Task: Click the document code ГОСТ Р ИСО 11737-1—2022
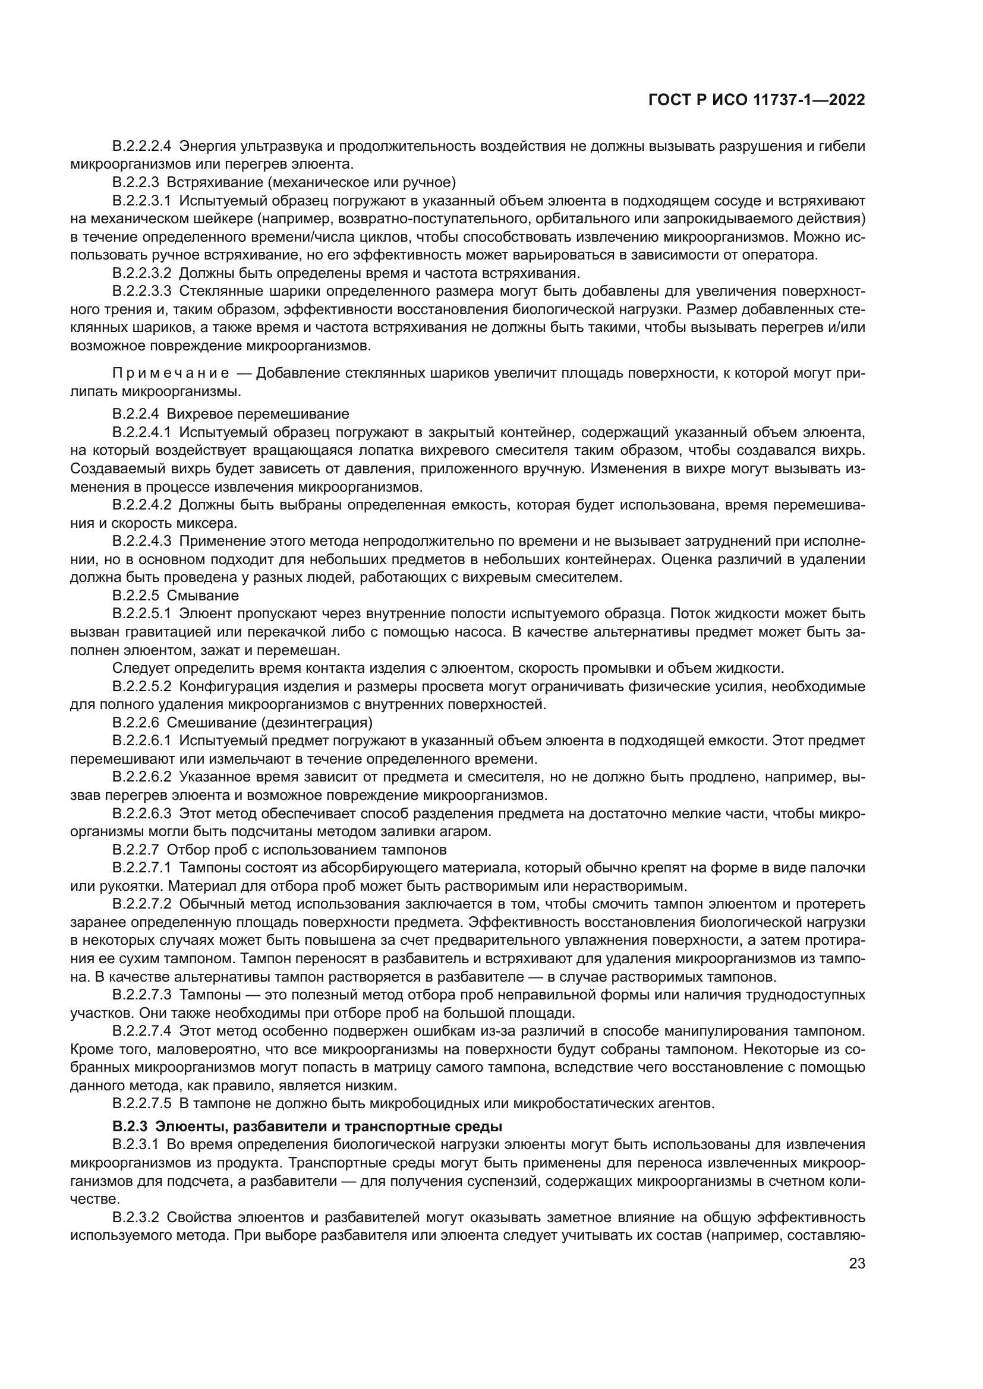(756, 100)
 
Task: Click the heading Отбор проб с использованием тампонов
(306, 849)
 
